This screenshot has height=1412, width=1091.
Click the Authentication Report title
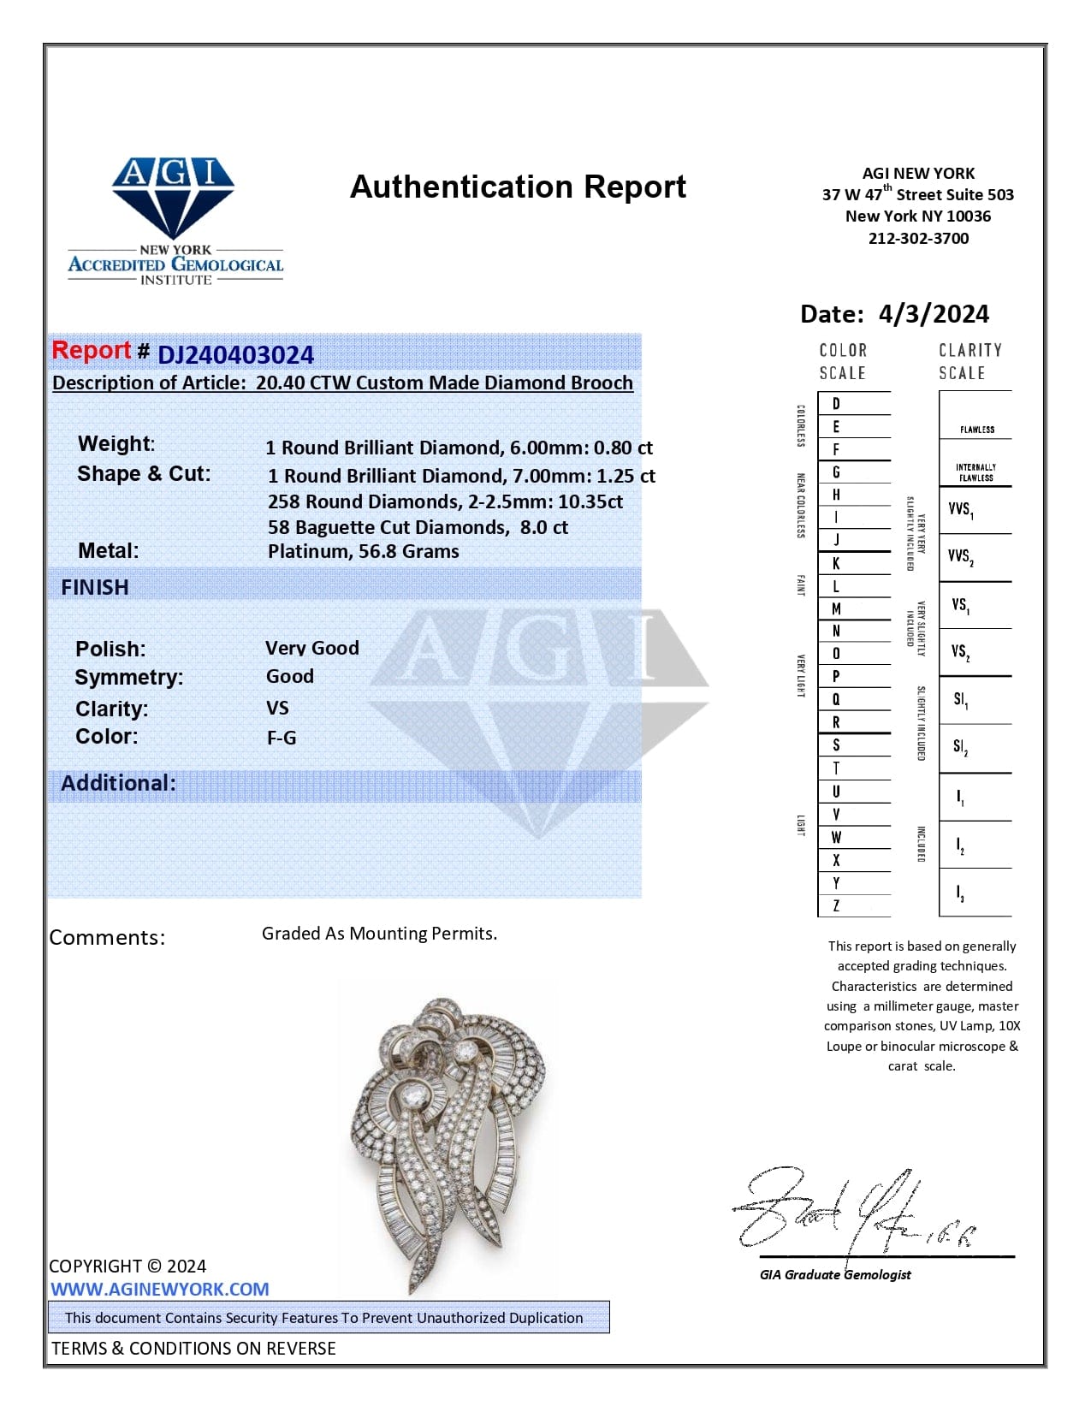pos(518,187)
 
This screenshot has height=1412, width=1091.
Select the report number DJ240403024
pos(236,354)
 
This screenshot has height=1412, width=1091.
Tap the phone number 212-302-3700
pos(918,239)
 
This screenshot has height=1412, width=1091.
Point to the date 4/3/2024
pos(934,314)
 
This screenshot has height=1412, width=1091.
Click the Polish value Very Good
pos(311,648)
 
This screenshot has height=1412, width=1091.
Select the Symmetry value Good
pos(289,676)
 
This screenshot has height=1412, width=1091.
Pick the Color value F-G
pos(281,738)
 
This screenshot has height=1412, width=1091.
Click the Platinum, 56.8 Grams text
pos(363,551)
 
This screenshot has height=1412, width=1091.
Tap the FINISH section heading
pos(95,587)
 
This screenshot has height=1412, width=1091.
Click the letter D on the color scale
pos(836,403)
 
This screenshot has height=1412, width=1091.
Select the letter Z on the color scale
pos(836,905)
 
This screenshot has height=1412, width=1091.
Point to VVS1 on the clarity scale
pos(960,510)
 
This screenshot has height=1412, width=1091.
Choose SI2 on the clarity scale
pos(960,747)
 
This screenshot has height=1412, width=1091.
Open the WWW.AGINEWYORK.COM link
pos(159,1289)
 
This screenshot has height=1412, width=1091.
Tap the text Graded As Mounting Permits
pos(379,933)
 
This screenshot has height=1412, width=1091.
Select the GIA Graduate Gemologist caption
pos(835,1274)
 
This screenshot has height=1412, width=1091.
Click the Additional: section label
pos(118,783)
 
